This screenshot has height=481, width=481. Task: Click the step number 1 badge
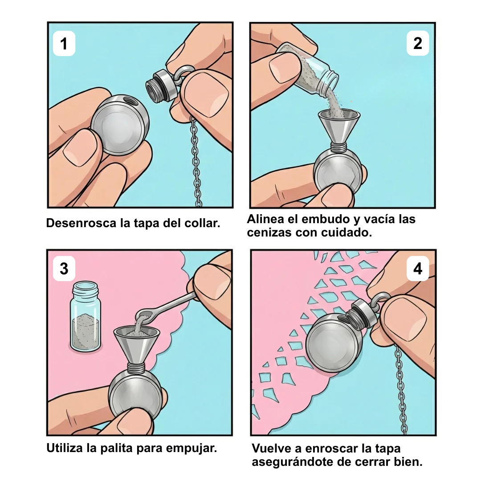pos(64,43)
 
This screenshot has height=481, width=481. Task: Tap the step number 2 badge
pos(417,43)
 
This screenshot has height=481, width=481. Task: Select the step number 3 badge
pos(64,269)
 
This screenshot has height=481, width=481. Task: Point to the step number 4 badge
pos(417,269)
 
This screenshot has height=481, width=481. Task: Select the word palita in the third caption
pos(116,448)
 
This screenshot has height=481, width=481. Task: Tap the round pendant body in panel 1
pos(120,125)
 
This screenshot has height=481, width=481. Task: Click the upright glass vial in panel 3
pos(86,317)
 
